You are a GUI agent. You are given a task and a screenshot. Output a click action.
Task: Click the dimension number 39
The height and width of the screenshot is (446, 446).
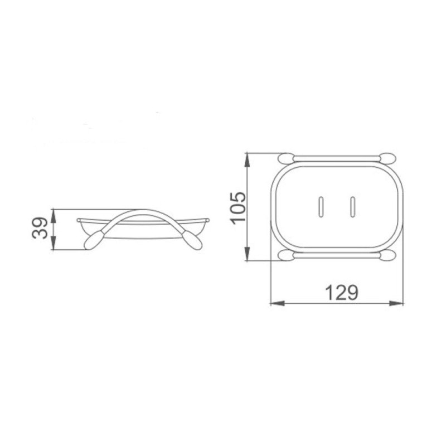40,228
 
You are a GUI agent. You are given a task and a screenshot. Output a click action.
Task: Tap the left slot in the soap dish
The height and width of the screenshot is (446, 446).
321,207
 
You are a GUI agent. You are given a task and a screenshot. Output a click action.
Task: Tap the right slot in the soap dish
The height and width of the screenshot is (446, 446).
353,207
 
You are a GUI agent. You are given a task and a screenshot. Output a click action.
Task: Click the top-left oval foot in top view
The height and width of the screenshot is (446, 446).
287,158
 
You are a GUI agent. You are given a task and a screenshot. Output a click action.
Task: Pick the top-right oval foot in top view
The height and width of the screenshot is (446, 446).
387,158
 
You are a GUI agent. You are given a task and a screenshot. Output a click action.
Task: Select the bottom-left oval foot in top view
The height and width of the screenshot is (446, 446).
287,255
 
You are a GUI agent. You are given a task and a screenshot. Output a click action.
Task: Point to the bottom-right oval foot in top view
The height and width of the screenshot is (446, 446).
387,255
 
